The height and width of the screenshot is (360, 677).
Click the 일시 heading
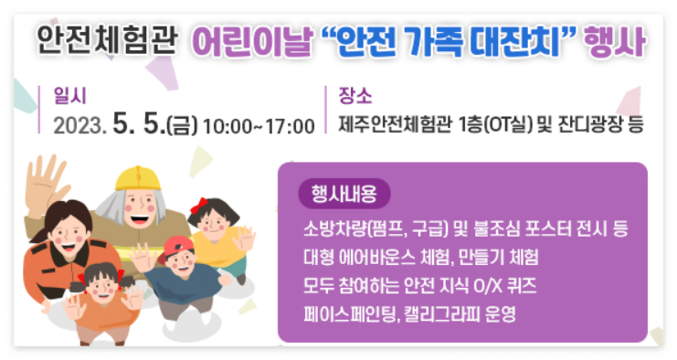[x=69, y=94]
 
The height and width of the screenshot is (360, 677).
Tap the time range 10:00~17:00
[x=259, y=125]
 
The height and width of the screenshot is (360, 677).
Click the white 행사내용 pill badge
[x=344, y=194]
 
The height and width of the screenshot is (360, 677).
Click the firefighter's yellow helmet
[x=138, y=178]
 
